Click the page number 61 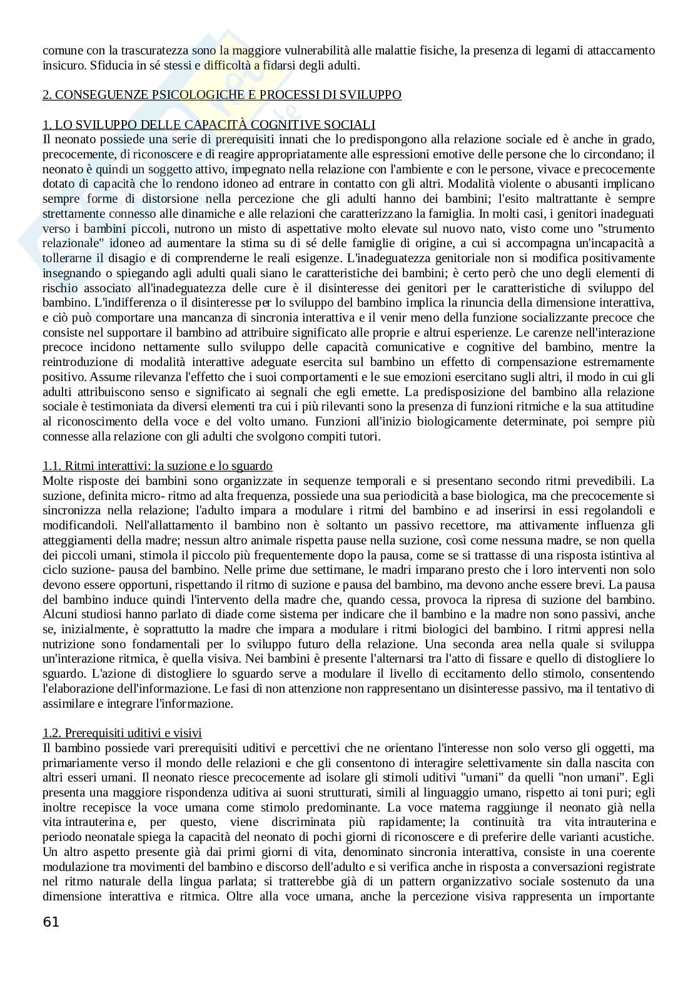[51, 922]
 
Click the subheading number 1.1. [52, 466]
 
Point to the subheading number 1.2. [52, 733]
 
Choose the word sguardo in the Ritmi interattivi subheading [251, 466]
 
